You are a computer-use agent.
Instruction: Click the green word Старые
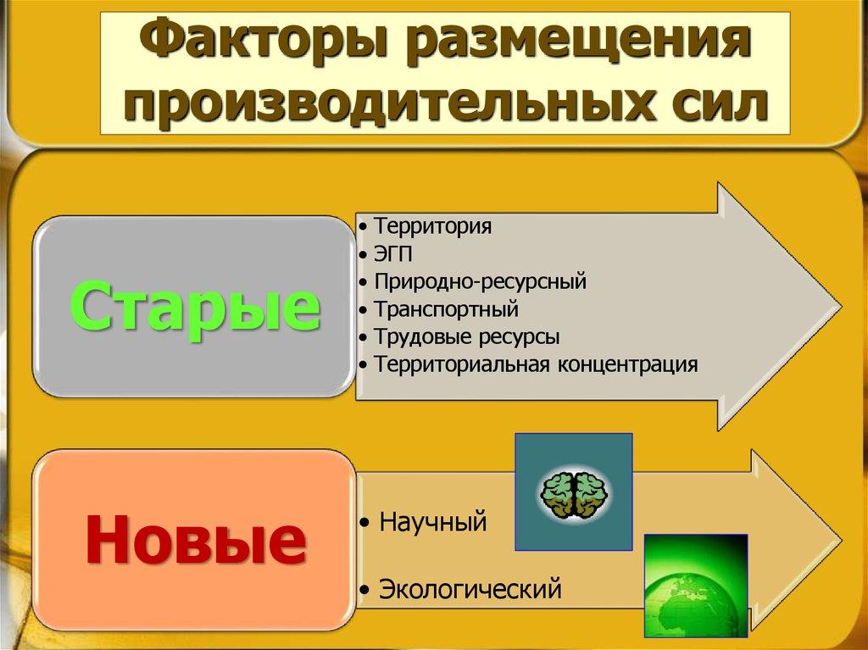[193, 308]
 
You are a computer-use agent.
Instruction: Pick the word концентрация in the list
[627, 364]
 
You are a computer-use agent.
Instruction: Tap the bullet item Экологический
[470, 587]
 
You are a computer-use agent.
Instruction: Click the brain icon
[573, 492]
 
